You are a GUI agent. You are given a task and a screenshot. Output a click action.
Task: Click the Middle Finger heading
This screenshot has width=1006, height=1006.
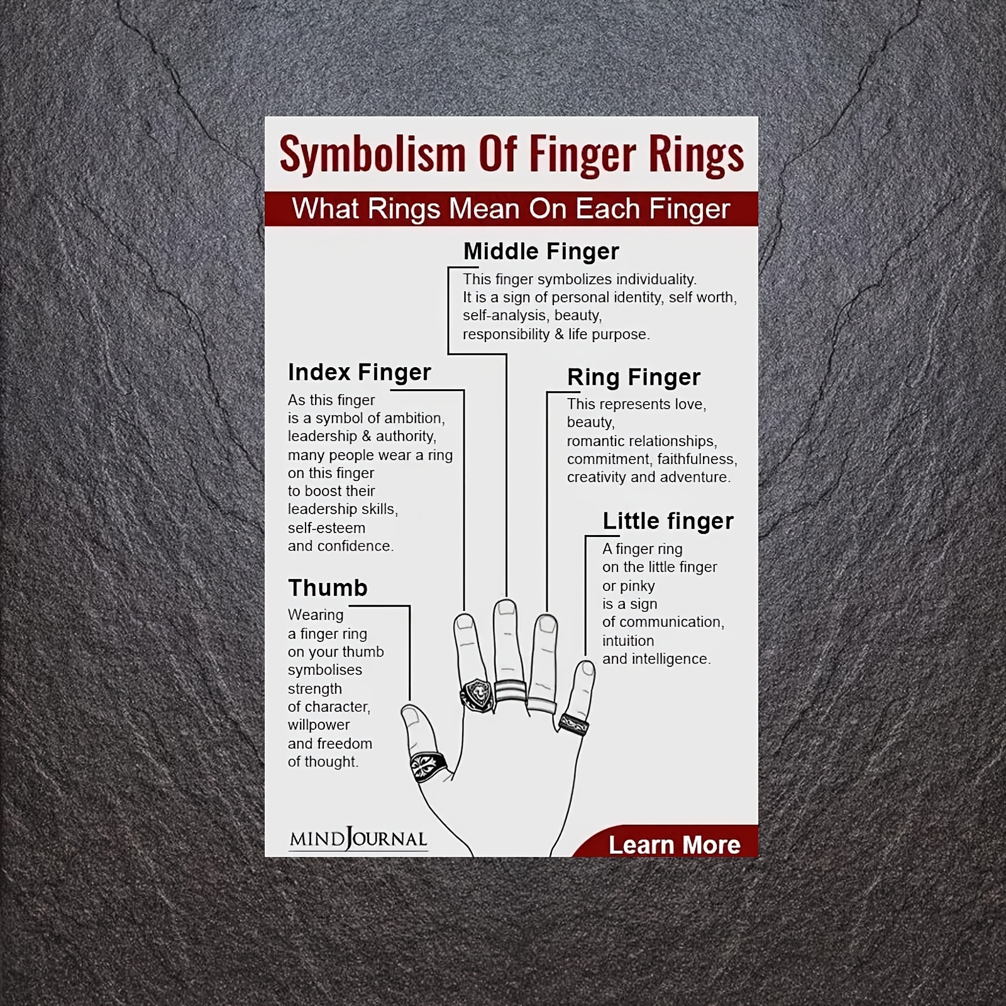point(541,251)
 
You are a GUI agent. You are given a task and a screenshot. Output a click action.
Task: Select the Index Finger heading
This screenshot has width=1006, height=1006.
point(359,372)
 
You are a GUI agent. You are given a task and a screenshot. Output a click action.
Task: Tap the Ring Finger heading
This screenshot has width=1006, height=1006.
point(633,377)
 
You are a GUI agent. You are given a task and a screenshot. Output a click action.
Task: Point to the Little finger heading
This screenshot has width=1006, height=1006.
point(668,521)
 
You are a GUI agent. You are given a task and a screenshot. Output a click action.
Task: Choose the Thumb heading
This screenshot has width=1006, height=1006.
point(328,588)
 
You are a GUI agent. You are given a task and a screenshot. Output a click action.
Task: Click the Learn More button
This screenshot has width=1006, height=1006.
point(674,845)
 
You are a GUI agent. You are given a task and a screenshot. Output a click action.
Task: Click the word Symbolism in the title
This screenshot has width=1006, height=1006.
point(372,154)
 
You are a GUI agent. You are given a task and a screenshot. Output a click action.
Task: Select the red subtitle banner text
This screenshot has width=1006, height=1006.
point(511,209)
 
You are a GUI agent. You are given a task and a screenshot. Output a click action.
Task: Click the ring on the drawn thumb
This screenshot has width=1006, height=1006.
point(428,766)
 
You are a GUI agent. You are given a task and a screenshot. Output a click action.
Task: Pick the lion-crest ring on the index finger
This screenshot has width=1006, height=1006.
point(477,695)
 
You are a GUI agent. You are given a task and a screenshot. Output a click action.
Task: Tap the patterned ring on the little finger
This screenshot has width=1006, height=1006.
point(573,724)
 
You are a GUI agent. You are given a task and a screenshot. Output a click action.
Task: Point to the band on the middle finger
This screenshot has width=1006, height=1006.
point(510,691)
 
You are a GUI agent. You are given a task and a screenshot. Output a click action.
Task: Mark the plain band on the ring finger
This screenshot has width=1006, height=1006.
point(542,705)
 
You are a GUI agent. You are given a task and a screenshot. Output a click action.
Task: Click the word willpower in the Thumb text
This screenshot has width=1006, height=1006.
point(319,725)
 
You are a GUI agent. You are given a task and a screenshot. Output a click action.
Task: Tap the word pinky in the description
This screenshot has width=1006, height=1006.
point(637,586)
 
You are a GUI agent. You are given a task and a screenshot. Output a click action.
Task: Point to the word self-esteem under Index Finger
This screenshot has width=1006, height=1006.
point(326,528)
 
